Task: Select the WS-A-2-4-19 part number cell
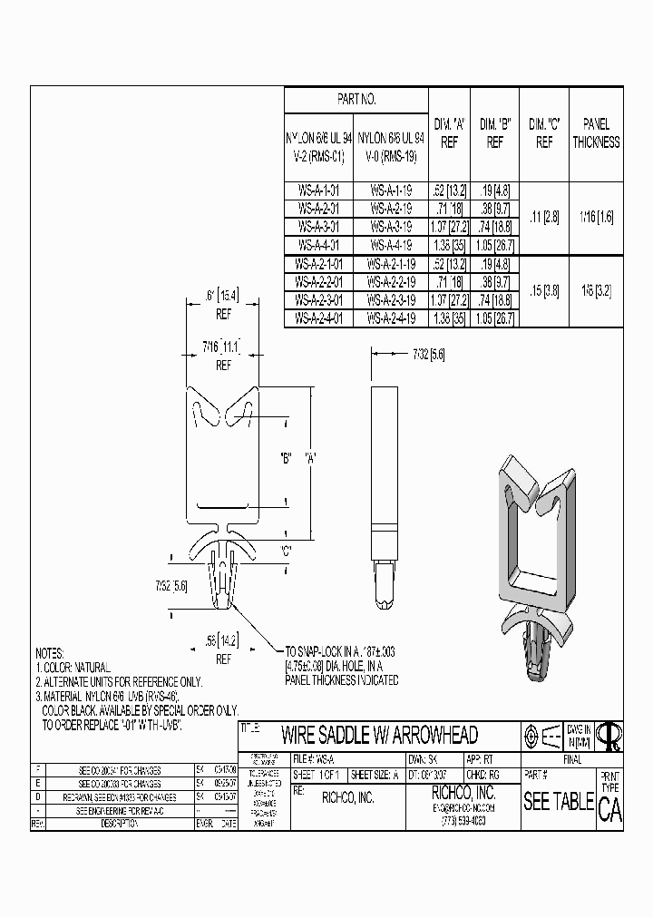click(390, 318)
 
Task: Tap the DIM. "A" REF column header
click(449, 132)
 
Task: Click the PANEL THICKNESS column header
click(596, 132)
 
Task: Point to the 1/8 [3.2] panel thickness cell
click(596, 292)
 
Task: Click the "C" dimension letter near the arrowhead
click(288, 550)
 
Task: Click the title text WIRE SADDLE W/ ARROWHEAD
click(379, 734)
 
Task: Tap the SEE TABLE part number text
click(558, 802)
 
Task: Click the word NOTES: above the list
click(50, 653)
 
